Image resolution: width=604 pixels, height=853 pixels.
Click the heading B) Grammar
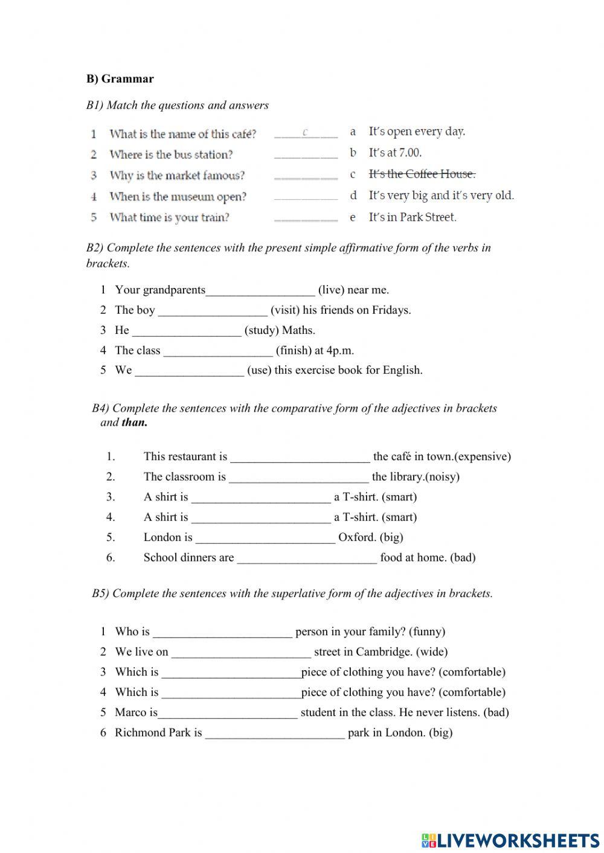[x=120, y=78]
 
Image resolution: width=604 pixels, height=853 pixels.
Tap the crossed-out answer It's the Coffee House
[x=422, y=174]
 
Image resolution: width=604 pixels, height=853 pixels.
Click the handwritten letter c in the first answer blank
[x=306, y=132]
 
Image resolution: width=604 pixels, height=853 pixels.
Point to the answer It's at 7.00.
[x=395, y=153]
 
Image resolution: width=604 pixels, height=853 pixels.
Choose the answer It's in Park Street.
[x=412, y=217]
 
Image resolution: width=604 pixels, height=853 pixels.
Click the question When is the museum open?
[x=178, y=196]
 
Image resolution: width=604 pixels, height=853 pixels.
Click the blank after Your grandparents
[x=260, y=291]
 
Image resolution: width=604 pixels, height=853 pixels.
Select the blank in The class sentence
[x=218, y=351]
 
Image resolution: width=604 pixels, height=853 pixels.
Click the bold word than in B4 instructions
[x=134, y=423]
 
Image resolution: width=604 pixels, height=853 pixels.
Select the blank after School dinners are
[x=307, y=558]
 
